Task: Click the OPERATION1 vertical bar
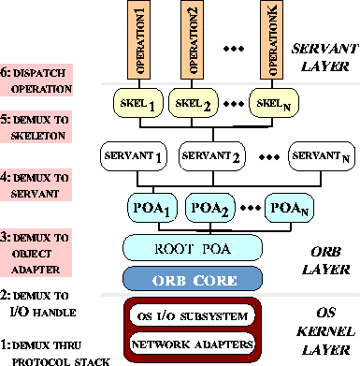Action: click(140, 41)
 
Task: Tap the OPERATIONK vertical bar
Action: click(271, 41)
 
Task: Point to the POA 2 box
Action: click(212, 206)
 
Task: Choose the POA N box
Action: click(289, 206)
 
